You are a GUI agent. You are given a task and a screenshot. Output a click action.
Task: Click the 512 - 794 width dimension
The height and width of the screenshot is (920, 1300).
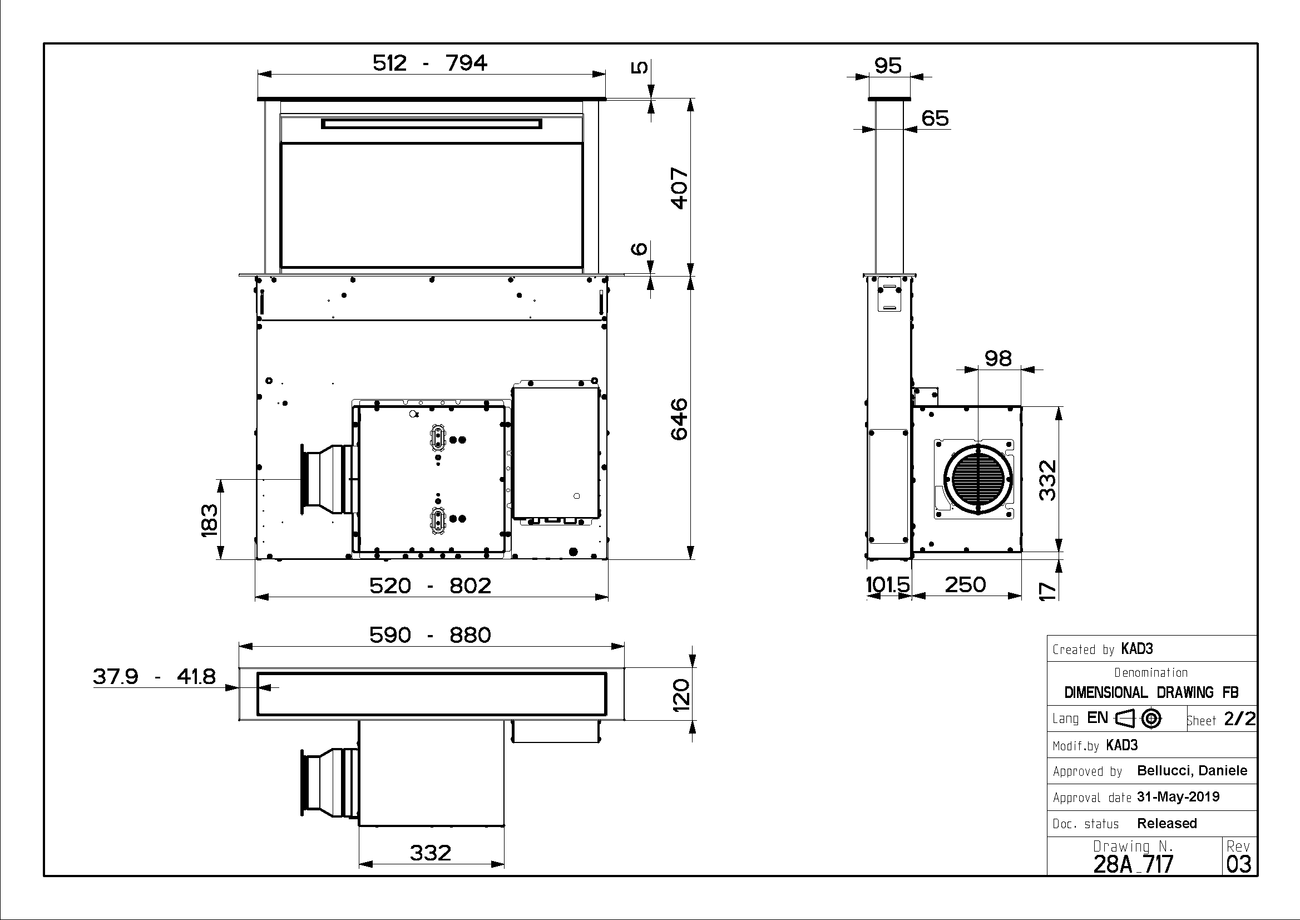tap(430, 63)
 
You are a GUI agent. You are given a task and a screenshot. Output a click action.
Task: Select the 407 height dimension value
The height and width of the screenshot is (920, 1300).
tap(679, 189)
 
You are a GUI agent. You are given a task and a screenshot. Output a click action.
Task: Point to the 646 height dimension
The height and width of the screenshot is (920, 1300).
tap(679, 419)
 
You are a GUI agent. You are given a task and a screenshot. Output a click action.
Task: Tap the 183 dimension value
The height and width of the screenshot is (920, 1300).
tap(209, 520)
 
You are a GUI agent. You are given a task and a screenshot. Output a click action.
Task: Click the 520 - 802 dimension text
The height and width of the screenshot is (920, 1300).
tap(431, 585)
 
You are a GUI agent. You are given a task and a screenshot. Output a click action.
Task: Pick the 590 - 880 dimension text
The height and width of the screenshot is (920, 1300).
tap(431, 635)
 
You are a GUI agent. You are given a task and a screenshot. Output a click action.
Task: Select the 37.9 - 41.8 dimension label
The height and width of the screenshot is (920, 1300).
tap(154, 676)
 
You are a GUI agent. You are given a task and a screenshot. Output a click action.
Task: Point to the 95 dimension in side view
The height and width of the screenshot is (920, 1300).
tap(888, 66)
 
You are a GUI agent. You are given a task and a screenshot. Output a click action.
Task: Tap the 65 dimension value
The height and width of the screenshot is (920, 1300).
tap(935, 118)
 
